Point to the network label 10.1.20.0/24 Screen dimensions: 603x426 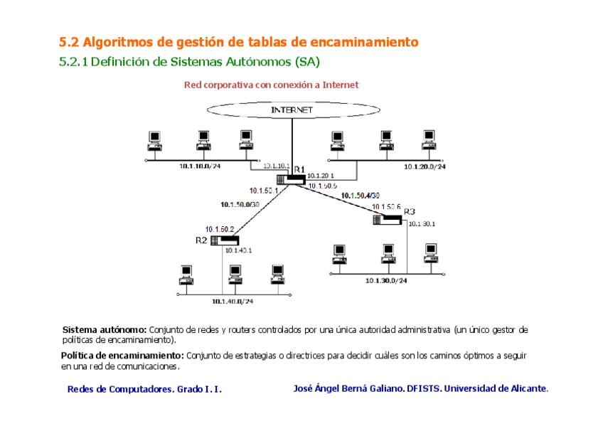(x=425, y=166)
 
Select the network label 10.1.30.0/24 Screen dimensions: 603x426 (x=386, y=281)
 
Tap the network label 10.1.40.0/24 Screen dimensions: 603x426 (x=233, y=302)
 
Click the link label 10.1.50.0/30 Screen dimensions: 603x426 (x=240, y=205)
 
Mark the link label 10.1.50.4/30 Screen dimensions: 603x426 (x=361, y=195)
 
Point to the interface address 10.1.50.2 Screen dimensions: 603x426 (x=220, y=228)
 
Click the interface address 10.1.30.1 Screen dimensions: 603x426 (x=422, y=224)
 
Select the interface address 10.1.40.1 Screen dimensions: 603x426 (x=239, y=250)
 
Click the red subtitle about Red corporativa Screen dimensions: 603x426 (x=271, y=85)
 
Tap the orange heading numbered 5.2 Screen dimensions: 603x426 (x=238, y=42)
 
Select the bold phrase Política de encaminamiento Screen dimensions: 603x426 (x=122, y=355)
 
